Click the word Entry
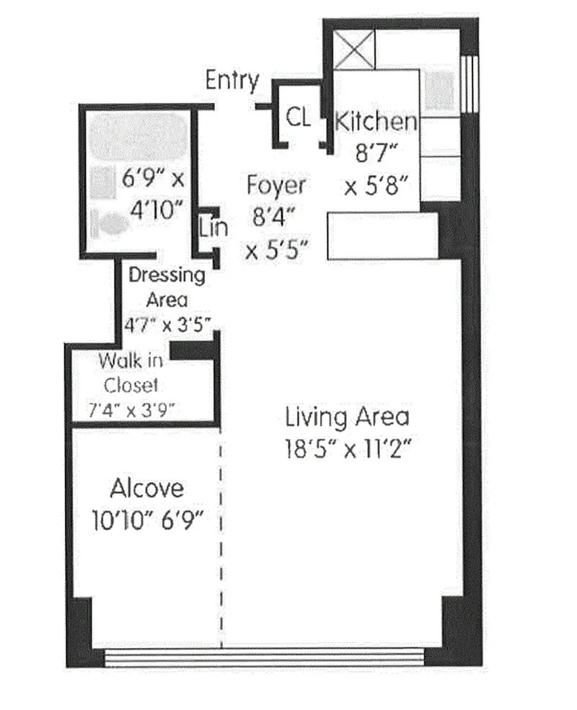(232, 81)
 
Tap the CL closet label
(299, 117)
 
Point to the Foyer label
(276, 185)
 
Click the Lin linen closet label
(213, 227)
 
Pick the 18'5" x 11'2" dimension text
(348, 449)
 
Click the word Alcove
(146, 488)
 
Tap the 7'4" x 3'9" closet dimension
(131, 410)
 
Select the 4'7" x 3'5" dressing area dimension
(167, 324)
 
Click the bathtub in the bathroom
(138, 136)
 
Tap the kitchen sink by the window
(439, 90)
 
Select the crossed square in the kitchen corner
(354, 50)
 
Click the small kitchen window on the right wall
(470, 84)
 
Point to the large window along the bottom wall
(265, 657)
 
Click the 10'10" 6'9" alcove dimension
(148, 520)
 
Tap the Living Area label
(348, 417)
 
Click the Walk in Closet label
(131, 373)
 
